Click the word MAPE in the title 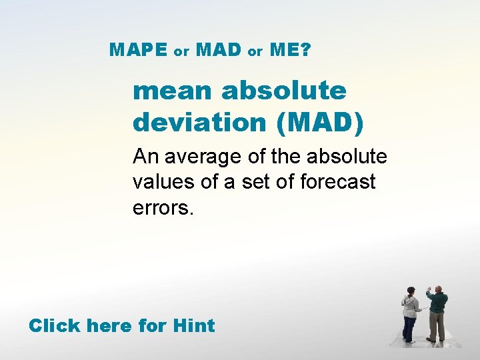[x=138, y=49]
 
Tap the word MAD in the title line [x=219, y=49]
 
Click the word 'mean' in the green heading [x=173, y=91]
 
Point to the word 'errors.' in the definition [x=163, y=207]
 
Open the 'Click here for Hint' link [x=121, y=326]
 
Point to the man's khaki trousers [x=437, y=327]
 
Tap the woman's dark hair [x=411, y=291]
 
